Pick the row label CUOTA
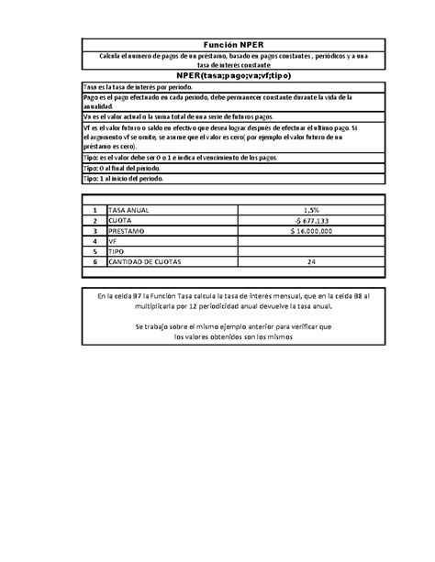pos(120,220)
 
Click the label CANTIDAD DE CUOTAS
pos(146,261)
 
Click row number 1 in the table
pos(95,210)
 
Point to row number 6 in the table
pos(95,261)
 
